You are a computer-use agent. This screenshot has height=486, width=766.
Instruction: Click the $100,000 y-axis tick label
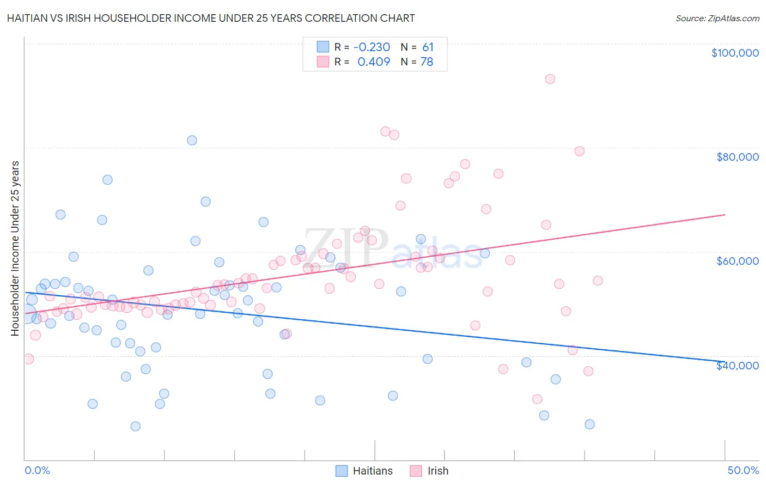click(x=735, y=53)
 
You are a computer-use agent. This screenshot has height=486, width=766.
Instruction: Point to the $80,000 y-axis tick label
click(x=737, y=157)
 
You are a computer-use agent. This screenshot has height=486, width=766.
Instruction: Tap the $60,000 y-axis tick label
click(x=737, y=261)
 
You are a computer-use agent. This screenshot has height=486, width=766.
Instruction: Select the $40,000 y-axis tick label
click(x=737, y=366)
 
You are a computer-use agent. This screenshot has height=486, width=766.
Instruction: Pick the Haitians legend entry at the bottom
click(x=364, y=471)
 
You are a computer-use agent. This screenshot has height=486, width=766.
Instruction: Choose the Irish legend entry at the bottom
click(x=429, y=471)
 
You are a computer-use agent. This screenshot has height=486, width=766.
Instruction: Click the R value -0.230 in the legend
click(x=372, y=47)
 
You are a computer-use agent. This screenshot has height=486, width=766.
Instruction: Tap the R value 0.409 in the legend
click(x=374, y=62)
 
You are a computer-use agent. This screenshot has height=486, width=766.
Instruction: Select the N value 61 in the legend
click(x=428, y=47)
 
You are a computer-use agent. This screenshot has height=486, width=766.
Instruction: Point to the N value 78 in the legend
click(x=427, y=62)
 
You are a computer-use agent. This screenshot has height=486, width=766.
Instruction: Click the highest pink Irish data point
click(x=550, y=79)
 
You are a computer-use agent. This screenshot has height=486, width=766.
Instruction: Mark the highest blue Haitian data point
click(x=192, y=140)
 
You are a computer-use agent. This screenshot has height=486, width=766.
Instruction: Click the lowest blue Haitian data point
click(x=136, y=426)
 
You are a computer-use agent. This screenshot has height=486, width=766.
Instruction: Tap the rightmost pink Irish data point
click(x=598, y=281)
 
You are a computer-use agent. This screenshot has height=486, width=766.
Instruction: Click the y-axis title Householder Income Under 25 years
click(x=15, y=248)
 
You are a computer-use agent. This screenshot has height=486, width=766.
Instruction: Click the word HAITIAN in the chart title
click(x=31, y=19)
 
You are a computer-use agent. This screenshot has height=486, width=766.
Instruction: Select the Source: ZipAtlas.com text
click(x=717, y=19)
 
